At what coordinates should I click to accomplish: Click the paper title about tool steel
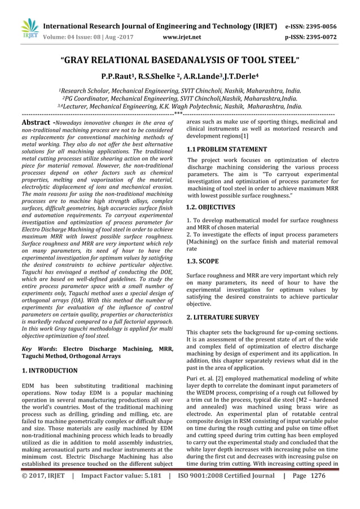click(x=180, y=58)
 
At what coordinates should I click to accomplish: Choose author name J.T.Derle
click(x=244, y=75)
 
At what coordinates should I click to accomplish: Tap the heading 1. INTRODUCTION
click(x=49, y=371)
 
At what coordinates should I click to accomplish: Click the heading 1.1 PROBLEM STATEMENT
click(x=227, y=150)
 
